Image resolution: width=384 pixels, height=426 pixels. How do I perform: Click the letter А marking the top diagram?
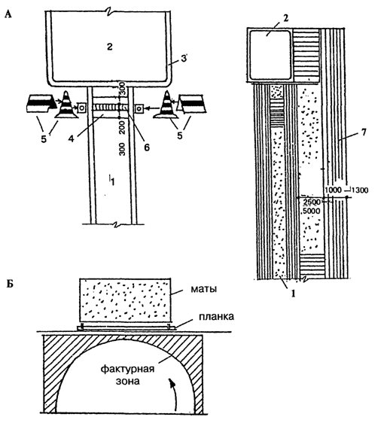tap(8, 14)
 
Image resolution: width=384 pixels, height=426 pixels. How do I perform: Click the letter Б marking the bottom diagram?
tap(9, 284)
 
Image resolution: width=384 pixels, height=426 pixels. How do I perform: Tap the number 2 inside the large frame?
tap(109, 47)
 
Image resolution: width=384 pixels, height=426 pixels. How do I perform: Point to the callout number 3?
tap(184, 59)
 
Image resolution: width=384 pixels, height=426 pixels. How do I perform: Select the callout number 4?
tap(71, 138)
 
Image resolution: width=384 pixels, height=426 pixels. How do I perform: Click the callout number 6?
tap(147, 148)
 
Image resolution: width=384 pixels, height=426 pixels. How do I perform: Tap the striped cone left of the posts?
tap(66, 105)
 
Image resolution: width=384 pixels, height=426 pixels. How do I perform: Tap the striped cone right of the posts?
tap(166, 105)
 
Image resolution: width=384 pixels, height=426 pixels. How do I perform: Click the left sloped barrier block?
tap(39, 104)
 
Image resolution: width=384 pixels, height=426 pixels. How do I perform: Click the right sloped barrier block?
tap(191, 104)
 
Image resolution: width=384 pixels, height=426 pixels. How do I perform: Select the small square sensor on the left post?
tap(82, 108)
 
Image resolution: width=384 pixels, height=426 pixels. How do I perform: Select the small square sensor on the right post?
tap(139, 108)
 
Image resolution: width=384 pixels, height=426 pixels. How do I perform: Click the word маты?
tap(203, 289)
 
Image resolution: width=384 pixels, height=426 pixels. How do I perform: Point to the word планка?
tap(216, 317)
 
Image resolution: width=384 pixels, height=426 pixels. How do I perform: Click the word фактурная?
tap(127, 369)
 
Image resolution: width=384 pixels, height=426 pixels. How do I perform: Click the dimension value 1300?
tap(361, 190)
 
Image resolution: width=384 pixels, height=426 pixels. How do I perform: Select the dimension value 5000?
tap(312, 211)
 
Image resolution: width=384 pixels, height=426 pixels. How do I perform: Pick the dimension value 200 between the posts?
tap(122, 128)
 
